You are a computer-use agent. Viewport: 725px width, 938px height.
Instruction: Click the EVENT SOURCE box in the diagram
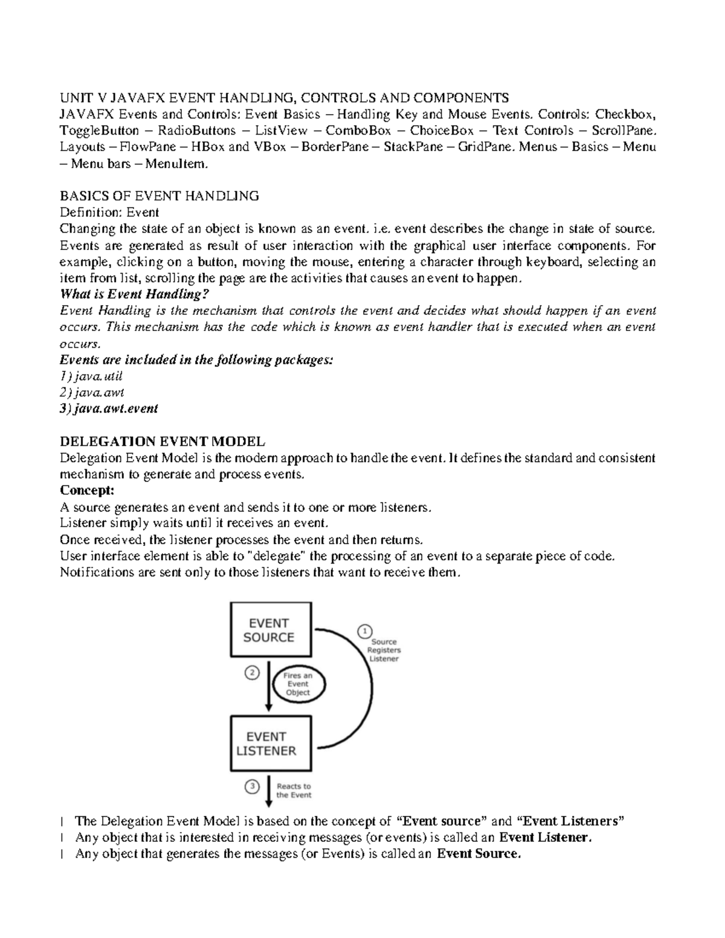(x=271, y=629)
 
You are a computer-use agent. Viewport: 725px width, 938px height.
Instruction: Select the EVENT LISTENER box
(x=271, y=744)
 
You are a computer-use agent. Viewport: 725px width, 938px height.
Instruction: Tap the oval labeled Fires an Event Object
(x=298, y=684)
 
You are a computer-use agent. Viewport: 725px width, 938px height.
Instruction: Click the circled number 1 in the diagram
(x=364, y=631)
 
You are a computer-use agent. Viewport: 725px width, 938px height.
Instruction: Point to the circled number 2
(x=251, y=672)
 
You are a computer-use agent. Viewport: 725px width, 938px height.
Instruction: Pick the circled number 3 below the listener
(x=252, y=786)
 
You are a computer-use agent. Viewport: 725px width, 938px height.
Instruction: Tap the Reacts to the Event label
(x=294, y=791)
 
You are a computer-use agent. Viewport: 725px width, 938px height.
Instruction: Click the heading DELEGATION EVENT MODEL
(x=162, y=442)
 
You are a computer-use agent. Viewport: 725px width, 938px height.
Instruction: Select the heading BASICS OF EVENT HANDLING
(x=159, y=196)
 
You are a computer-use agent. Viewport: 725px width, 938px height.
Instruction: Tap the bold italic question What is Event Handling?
(x=135, y=294)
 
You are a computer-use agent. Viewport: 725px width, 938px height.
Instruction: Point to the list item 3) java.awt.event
(x=109, y=408)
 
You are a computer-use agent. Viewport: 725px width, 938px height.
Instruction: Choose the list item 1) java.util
(x=92, y=376)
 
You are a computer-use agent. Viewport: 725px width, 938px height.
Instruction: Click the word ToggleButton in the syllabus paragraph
(x=99, y=130)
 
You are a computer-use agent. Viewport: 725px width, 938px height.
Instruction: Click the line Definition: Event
(x=109, y=212)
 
